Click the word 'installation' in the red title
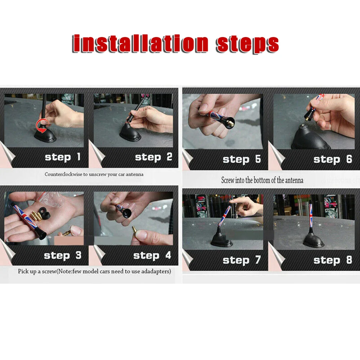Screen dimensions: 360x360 click(x=140, y=44)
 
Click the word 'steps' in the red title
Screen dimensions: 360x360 click(x=247, y=44)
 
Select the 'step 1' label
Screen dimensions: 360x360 click(x=62, y=157)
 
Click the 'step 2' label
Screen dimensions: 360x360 click(x=153, y=157)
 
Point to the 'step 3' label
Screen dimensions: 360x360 click(x=62, y=256)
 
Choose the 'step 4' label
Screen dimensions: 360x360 click(x=152, y=256)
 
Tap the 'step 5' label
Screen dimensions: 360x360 click(x=242, y=159)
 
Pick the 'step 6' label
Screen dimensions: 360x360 click(x=333, y=159)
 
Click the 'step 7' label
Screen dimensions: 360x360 click(x=242, y=260)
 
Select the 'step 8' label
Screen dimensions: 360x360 click(x=333, y=260)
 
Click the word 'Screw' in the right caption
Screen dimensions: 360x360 click(x=228, y=180)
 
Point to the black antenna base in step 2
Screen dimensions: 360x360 click(x=130, y=132)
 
